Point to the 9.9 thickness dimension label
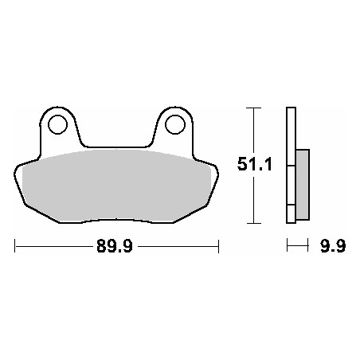(x=334, y=247)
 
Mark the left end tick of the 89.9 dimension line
(x=15, y=247)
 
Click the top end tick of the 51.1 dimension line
(x=252, y=107)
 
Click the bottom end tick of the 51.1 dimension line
(x=252, y=223)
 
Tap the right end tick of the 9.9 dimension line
(x=308, y=247)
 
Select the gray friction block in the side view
(x=302, y=184)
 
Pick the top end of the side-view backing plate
(x=291, y=108)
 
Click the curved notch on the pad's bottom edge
(x=116, y=219)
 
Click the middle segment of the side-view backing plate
(x=291, y=184)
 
